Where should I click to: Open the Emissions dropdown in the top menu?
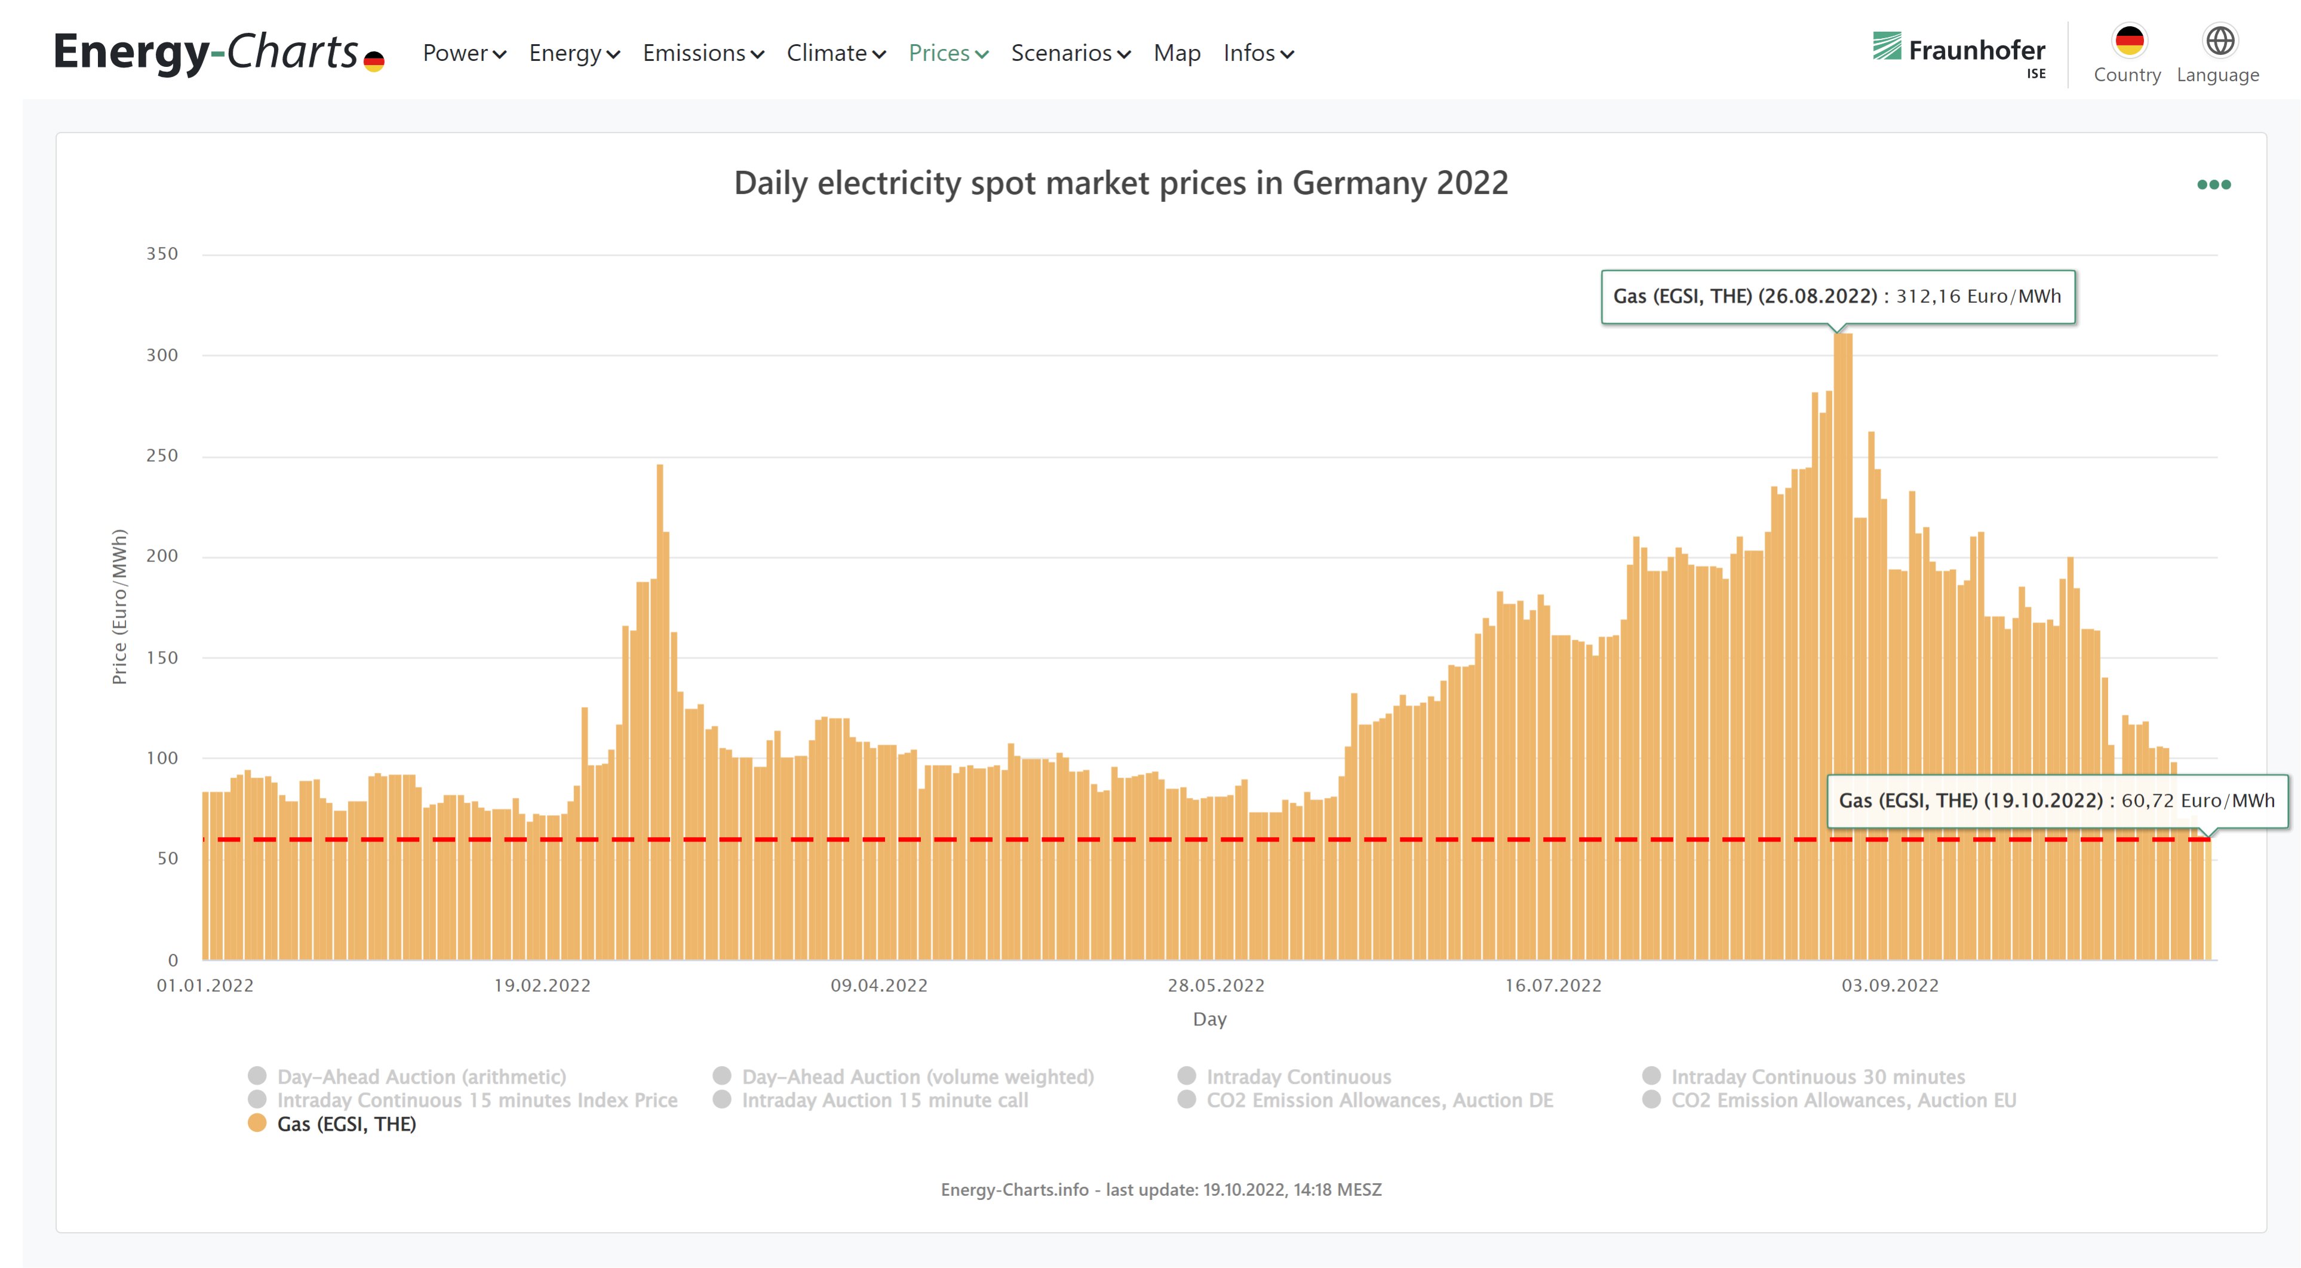tap(702, 54)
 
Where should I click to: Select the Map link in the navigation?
tap(1176, 54)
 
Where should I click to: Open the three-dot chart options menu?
tap(2213, 185)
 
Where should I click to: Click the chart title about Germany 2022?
tap(1120, 183)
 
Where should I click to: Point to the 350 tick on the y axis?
tap(162, 254)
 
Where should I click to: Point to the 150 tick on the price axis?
tap(162, 658)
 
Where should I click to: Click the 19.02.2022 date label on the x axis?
tap(542, 985)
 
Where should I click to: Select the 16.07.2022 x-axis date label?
tap(1553, 985)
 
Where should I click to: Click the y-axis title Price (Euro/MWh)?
tap(119, 607)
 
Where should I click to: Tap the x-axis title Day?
tap(1209, 1020)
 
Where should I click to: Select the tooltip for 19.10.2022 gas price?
tap(2056, 801)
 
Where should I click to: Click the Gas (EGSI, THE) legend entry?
tap(346, 1124)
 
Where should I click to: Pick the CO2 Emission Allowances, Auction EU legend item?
tap(1843, 1100)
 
